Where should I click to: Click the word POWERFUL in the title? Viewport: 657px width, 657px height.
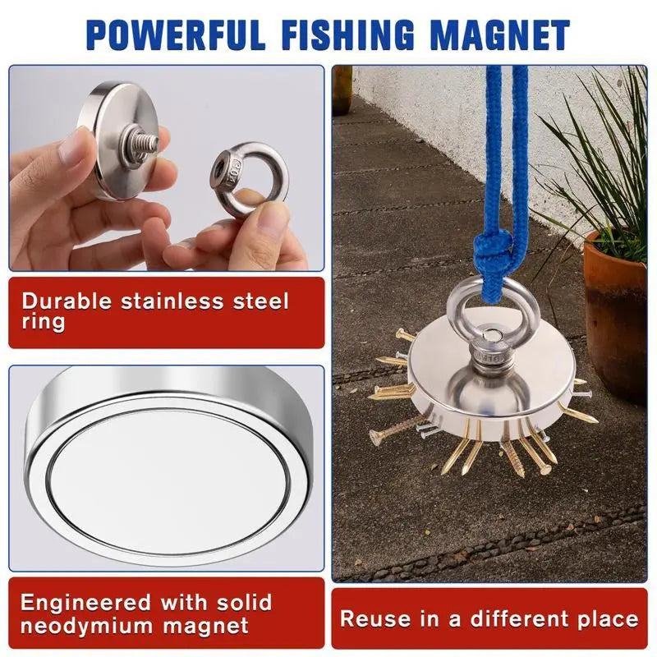[176, 34]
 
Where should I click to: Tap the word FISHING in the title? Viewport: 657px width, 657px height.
[347, 34]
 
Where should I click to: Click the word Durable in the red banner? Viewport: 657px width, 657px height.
[67, 301]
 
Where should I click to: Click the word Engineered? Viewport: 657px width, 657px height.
[85, 604]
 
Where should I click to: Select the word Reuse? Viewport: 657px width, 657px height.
[375, 619]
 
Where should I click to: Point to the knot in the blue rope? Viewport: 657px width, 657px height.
[494, 252]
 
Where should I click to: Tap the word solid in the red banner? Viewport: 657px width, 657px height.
[244, 603]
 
